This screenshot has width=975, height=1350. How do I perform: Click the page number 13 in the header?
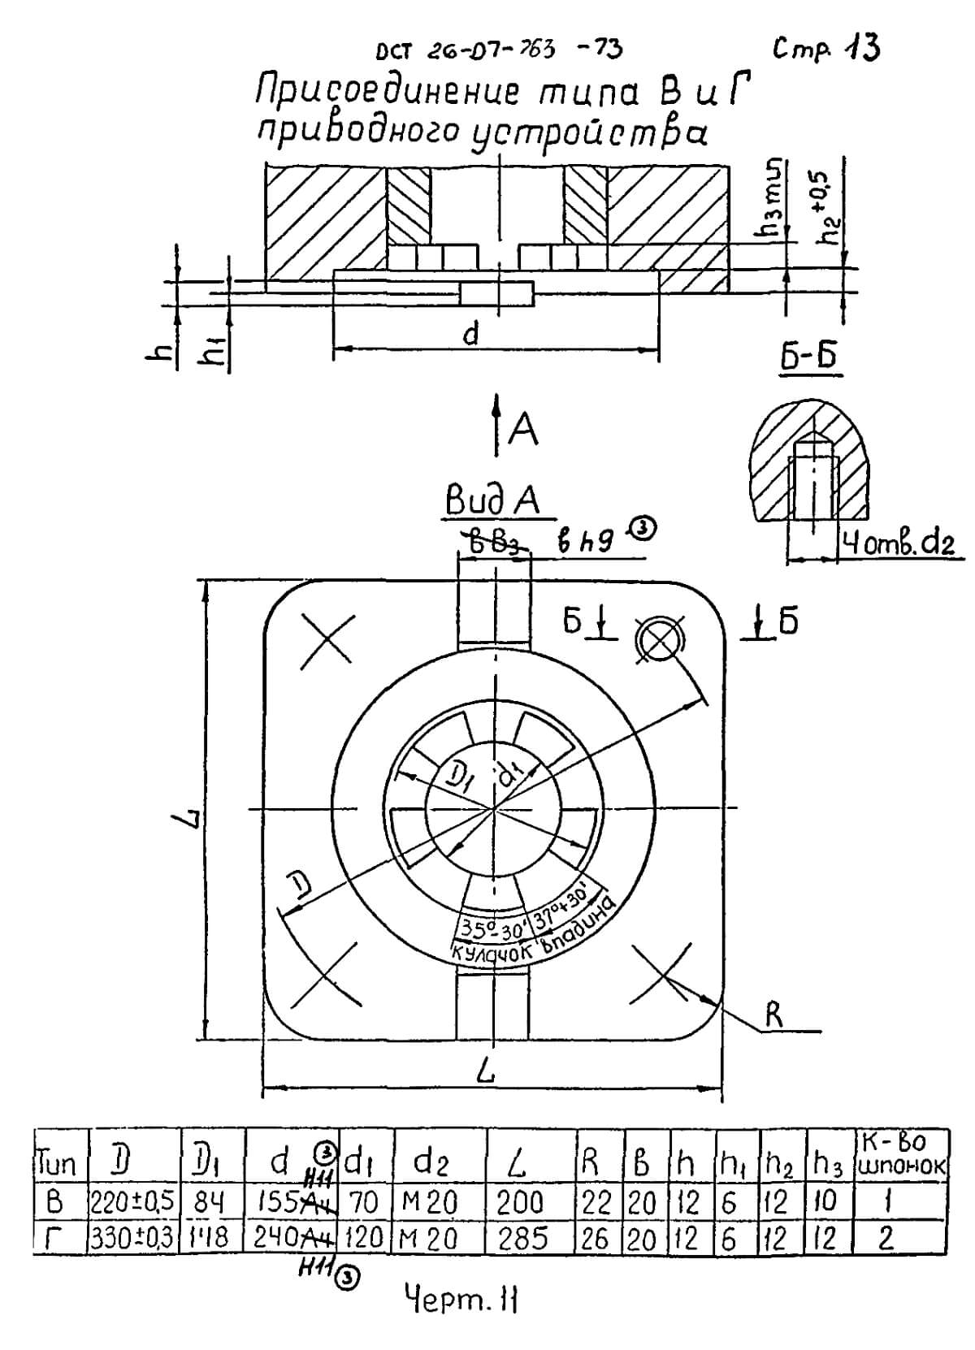[861, 49]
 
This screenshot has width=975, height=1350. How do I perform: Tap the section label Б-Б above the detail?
[808, 358]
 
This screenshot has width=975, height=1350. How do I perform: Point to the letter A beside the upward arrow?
[523, 432]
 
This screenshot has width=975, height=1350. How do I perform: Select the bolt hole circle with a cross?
[660, 642]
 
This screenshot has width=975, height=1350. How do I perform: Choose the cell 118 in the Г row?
[210, 1238]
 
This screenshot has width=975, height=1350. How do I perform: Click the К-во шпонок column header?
[900, 1153]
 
